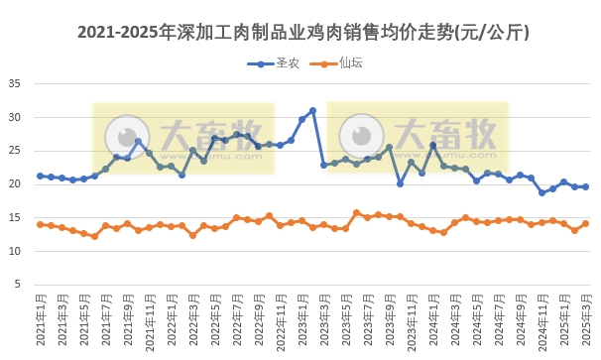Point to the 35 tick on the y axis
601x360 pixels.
(x=15, y=83)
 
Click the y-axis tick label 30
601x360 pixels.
(x=15, y=117)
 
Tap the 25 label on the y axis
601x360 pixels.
(x=15, y=151)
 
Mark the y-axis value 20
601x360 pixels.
(x=15, y=184)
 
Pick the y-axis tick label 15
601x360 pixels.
(x=15, y=218)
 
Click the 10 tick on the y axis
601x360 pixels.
(x=15, y=252)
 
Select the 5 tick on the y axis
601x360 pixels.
(x=18, y=286)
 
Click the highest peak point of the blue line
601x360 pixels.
(x=312, y=110)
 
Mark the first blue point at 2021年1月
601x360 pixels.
(x=40, y=176)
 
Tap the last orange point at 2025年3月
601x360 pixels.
(x=585, y=223)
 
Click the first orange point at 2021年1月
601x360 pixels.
(x=40, y=224)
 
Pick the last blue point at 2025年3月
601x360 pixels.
(x=585, y=186)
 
